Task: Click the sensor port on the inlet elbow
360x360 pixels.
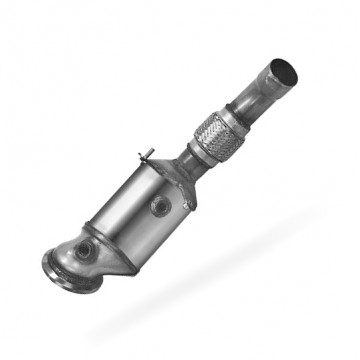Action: pos(87,250)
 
